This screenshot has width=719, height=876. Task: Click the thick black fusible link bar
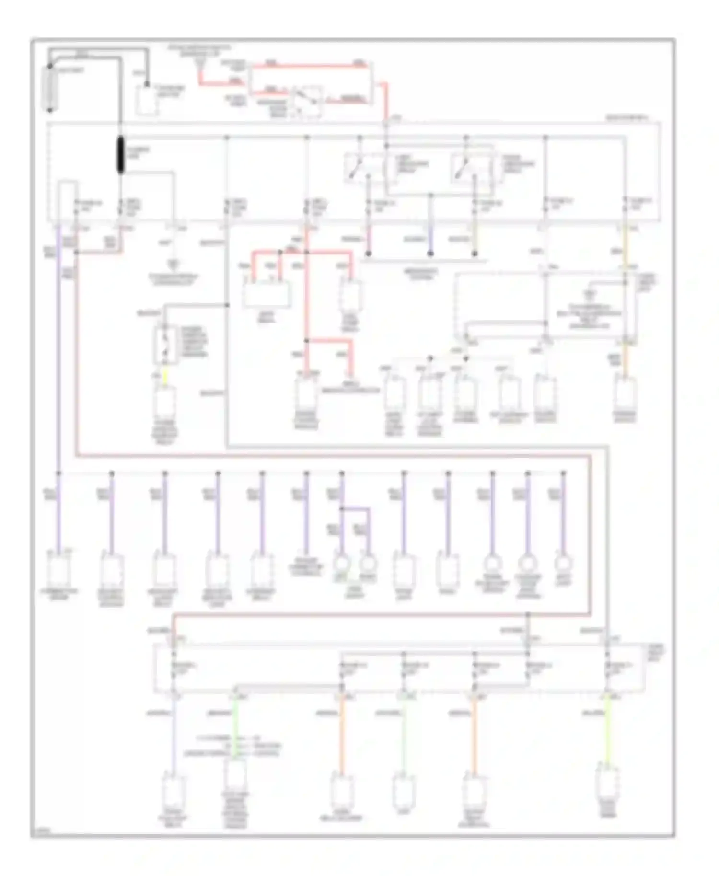119,155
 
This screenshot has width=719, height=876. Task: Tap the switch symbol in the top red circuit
308,101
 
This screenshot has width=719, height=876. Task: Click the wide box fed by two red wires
266,294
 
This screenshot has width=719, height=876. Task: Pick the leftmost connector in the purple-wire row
59,570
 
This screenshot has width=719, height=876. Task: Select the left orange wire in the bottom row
341,733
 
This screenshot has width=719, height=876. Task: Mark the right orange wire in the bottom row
475,733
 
